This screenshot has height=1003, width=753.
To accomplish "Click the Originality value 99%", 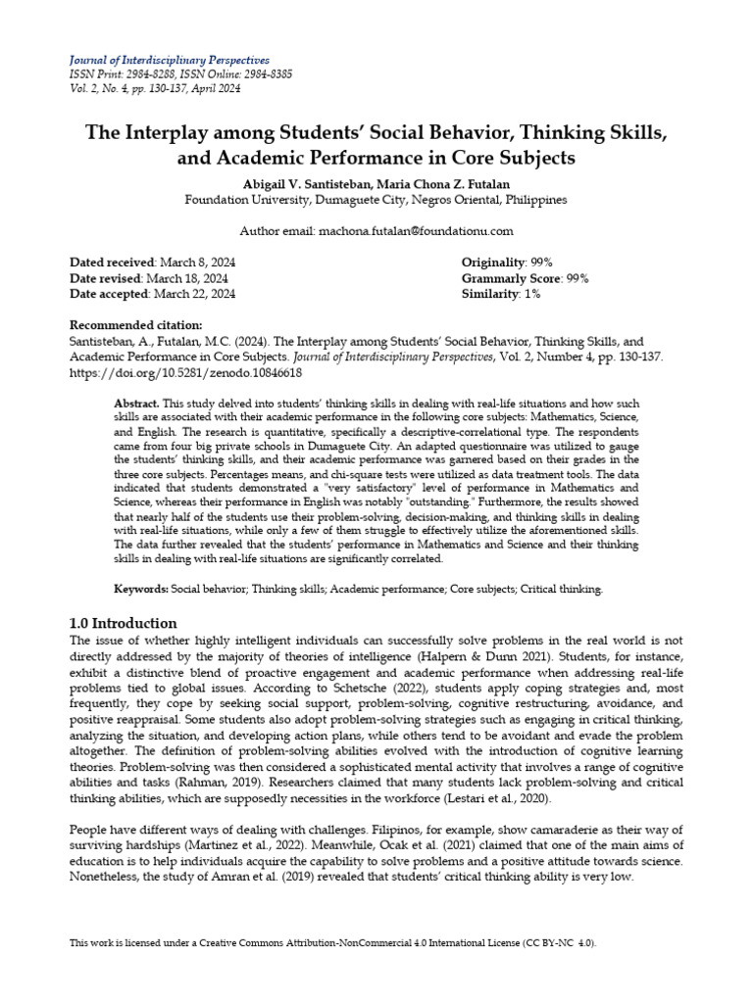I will pos(539,263).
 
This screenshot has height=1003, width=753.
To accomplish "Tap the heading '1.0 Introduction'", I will pos(124,623).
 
